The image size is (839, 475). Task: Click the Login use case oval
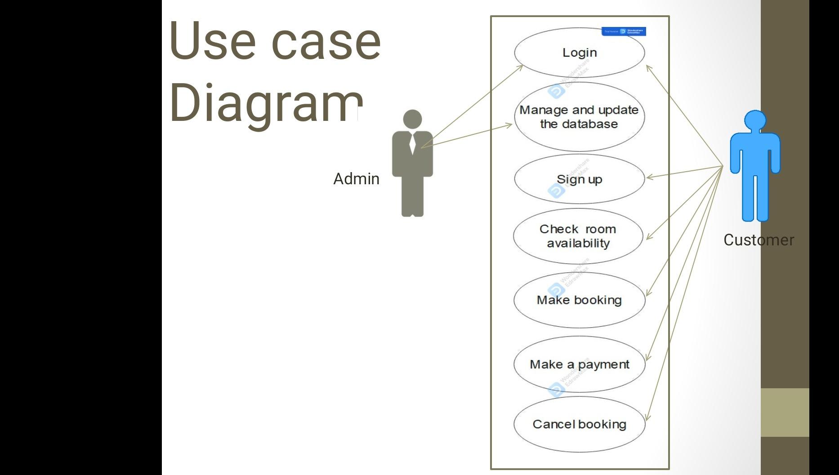[x=579, y=53]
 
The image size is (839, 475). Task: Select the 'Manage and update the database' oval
[x=579, y=117]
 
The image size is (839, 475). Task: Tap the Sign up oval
[x=579, y=179]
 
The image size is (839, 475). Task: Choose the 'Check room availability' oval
[x=578, y=236]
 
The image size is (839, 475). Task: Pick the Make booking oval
[x=579, y=300]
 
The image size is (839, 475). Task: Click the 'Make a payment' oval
[x=579, y=364]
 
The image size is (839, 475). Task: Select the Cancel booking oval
[x=579, y=424]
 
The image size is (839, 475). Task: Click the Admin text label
[x=356, y=179]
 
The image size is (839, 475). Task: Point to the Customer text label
[x=759, y=240]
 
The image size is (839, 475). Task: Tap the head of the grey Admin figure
[x=412, y=119]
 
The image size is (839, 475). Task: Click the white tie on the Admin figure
[x=412, y=144]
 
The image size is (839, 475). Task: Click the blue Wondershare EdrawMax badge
[x=624, y=31]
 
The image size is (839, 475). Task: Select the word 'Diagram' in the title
[x=265, y=102]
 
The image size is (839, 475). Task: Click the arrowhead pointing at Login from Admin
[x=521, y=67]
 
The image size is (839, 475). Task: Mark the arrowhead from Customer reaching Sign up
[x=648, y=178]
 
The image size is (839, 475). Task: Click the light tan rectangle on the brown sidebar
[x=785, y=412]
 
